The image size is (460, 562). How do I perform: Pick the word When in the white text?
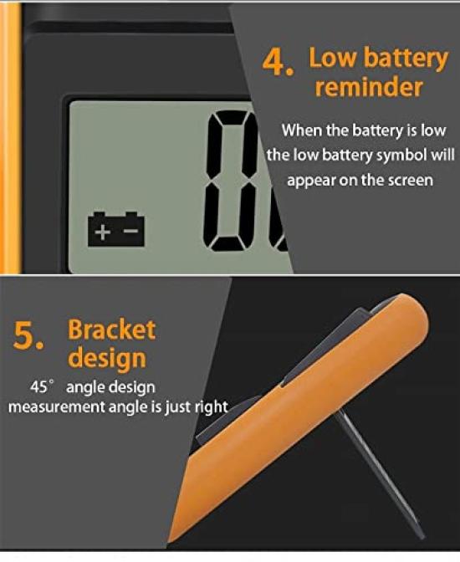(301, 130)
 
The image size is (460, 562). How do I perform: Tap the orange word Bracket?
(111, 329)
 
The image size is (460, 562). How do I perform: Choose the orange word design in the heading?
(107, 359)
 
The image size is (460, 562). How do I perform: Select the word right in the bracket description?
(211, 406)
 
